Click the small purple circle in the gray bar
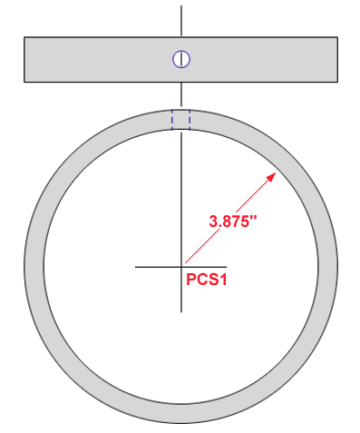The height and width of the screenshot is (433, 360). click(181, 60)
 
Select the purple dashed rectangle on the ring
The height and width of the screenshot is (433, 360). click(181, 120)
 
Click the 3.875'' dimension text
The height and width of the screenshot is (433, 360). click(234, 221)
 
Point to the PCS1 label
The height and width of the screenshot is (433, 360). click(206, 280)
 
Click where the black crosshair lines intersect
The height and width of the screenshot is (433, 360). click(181, 267)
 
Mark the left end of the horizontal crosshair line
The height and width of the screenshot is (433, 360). click(136, 267)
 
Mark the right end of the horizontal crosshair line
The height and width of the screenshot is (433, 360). click(228, 267)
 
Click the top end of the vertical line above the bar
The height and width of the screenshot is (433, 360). click(181, 6)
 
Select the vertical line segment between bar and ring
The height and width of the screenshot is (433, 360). click(181, 94)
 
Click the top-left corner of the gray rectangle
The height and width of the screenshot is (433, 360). click(24, 37)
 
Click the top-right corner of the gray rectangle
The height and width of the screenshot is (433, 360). click(337, 37)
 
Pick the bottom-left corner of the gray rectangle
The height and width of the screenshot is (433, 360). click(24, 83)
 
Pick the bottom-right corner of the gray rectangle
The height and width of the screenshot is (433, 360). click(337, 83)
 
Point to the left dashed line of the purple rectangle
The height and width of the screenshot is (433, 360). click(173, 120)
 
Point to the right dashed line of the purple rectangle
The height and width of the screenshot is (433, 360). click(190, 120)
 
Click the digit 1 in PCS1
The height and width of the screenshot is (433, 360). click(221, 280)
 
